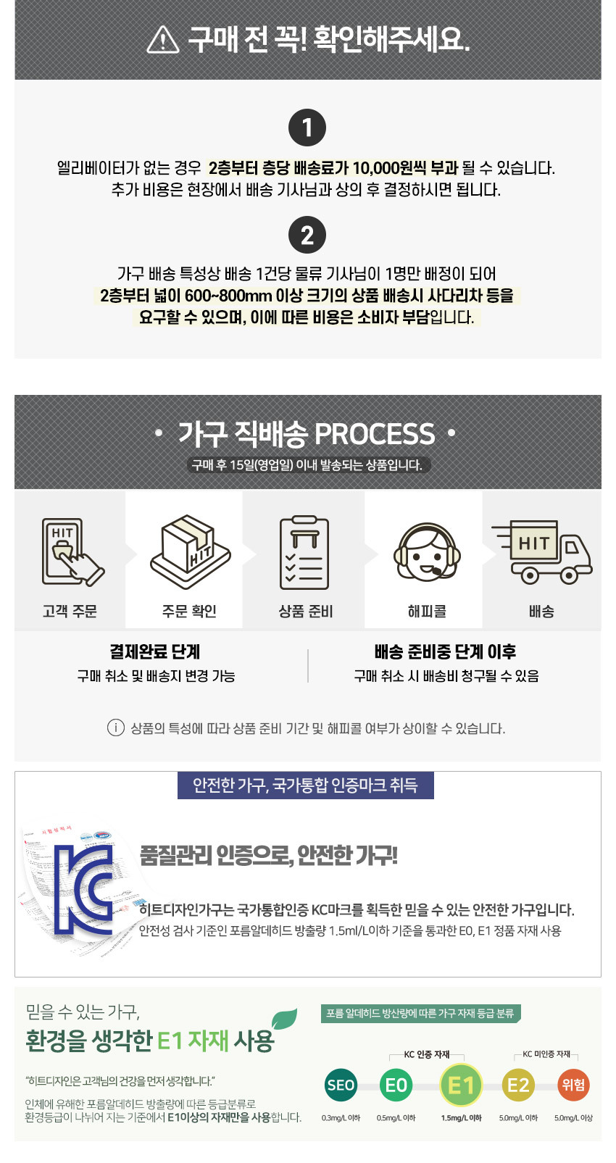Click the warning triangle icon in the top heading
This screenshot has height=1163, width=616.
pos(163,39)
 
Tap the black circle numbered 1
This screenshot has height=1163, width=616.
pos(307,128)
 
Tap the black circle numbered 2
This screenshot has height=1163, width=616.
pos(307,235)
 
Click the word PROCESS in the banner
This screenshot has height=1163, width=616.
pos(375,434)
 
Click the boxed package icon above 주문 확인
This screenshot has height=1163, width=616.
pos(190,552)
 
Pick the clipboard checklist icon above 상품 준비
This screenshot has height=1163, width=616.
pos(304,552)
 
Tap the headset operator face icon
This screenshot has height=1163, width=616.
pos(426,552)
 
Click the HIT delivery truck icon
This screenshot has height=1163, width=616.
pos(542,552)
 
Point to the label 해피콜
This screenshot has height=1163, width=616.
pos(426,611)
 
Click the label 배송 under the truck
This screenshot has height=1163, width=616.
pos(541,611)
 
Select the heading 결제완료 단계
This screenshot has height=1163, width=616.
pos(155,651)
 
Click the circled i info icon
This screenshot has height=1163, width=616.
pos(115,728)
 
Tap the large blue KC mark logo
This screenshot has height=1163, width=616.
pos(83,889)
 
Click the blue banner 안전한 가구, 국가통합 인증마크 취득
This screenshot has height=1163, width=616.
pos(305,785)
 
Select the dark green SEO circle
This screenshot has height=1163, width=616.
pos(341,1085)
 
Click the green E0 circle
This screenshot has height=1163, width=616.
pos(396,1085)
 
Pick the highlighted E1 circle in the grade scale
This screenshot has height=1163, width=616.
pos(461,1085)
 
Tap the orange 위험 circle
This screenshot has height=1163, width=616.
pos(573,1085)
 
